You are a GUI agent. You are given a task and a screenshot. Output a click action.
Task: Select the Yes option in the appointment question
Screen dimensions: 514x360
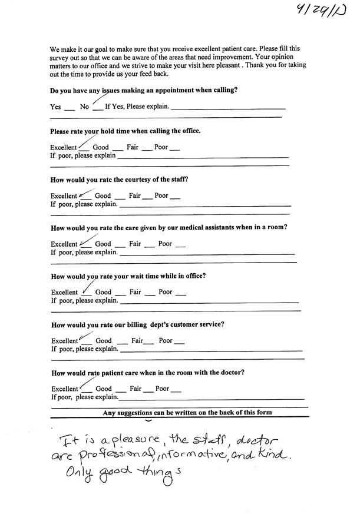tap(56, 107)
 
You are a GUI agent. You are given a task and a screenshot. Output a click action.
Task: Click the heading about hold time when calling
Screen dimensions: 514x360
tap(125, 131)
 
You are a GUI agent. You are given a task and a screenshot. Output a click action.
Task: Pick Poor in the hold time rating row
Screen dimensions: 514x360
tap(161, 147)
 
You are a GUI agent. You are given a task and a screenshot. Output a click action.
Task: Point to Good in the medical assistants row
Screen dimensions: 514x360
tap(103, 244)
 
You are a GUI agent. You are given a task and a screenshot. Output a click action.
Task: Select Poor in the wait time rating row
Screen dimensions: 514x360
tap(166, 292)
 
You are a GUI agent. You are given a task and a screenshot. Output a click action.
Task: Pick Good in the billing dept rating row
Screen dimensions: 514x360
tap(104, 340)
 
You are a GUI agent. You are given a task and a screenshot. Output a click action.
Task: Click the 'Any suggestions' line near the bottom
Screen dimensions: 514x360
tap(187, 413)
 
